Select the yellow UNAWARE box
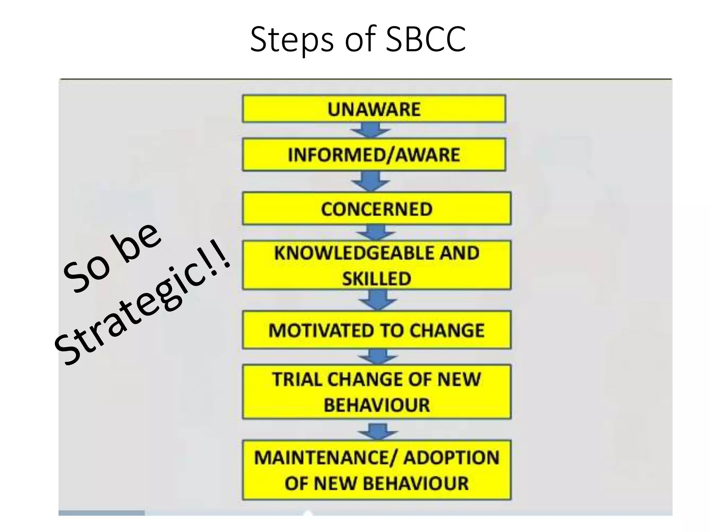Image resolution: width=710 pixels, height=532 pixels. [374, 109]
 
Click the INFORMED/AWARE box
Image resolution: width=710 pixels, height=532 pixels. [374, 154]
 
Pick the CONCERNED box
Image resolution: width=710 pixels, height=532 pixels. [376, 209]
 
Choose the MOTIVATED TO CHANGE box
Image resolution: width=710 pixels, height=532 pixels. [376, 330]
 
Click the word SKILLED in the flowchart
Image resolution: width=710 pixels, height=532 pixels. [376, 278]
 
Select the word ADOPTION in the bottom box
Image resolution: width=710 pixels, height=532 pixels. [451, 458]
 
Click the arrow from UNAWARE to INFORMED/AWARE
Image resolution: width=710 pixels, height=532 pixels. [370, 130]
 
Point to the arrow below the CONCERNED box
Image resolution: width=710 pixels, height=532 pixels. [376, 232]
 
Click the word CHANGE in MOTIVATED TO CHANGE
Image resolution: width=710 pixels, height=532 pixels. [447, 330]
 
